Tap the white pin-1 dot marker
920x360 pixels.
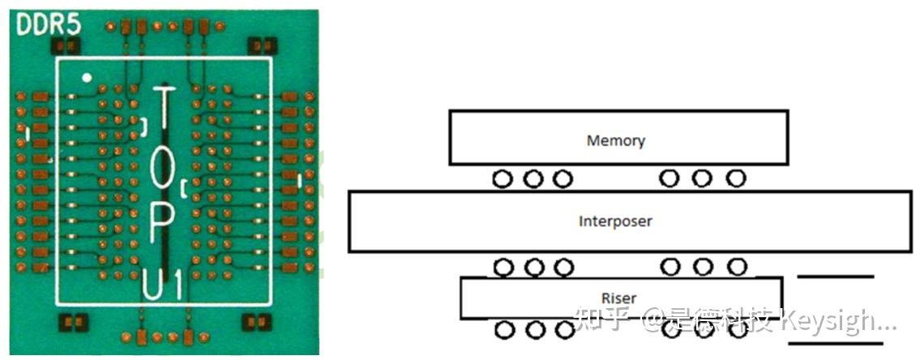point(87,78)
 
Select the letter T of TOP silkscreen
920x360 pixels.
point(164,114)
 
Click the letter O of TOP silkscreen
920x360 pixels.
point(163,169)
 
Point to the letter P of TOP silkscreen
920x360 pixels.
point(162,221)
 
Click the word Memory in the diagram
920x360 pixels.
point(615,140)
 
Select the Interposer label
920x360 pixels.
point(615,221)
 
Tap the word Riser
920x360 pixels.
point(619,298)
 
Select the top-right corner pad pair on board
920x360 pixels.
point(258,46)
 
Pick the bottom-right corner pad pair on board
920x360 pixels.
point(258,324)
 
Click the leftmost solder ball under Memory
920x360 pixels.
point(503,178)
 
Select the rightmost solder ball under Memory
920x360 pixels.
point(735,178)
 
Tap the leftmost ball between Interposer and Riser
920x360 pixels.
point(503,266)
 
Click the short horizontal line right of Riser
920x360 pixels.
point(836,277)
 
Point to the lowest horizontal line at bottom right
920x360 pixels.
point(835,343)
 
